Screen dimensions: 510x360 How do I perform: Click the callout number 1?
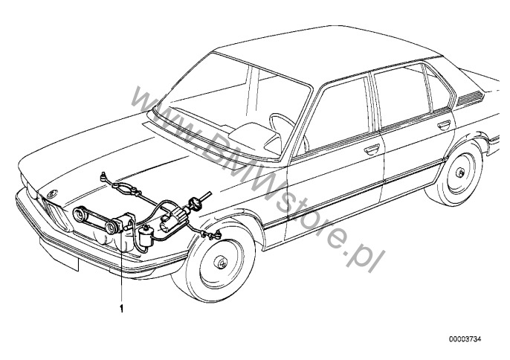122,309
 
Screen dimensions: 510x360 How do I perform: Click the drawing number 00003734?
465,339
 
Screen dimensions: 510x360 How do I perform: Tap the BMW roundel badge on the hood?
52,194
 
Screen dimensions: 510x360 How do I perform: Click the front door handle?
372,149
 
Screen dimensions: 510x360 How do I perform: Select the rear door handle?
444,124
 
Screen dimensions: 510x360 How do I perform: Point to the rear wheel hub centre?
460,173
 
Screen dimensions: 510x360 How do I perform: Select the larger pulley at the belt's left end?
79,215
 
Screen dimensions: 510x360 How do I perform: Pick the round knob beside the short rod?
196,203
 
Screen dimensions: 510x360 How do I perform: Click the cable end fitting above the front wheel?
216,234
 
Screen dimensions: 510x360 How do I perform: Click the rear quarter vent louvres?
469,98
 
